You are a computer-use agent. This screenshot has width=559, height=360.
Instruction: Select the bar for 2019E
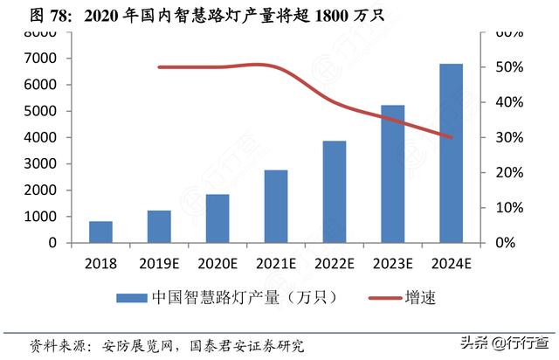tap(159, 226)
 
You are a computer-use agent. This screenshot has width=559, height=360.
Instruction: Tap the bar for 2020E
tap(217, 218)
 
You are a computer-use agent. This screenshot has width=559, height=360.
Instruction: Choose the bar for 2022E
tap(335, 191)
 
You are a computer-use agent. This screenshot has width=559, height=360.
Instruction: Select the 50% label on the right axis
tap(508, 67)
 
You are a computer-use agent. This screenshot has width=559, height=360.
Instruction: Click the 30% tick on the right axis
tap(508, 138)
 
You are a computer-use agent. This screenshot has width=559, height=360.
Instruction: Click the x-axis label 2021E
tap(276, 263)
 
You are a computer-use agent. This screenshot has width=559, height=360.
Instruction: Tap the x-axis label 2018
tap(101, 263)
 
